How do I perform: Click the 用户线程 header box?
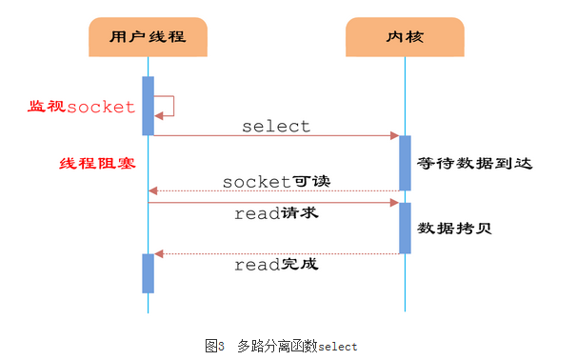tap(149, 38)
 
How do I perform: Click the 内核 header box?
tap(405, 38)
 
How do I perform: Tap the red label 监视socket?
tap(81, 107)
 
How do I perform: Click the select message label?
tap(275, 126)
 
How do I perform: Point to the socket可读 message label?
tap(270, 181)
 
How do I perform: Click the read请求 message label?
tap(276, 214)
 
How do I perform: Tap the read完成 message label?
tap(276, 265)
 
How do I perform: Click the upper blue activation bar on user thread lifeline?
tap(148, 105)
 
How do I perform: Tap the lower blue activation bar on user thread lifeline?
tap(148, 273)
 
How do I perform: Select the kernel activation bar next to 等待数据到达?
tap(405, 163)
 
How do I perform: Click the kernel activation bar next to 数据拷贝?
tap(405, 228)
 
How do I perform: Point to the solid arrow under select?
tap(276, 136)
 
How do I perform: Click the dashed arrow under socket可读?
tap(276, 191)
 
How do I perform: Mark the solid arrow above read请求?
tap(276, 202)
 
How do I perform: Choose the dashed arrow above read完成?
tap(276, 253)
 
